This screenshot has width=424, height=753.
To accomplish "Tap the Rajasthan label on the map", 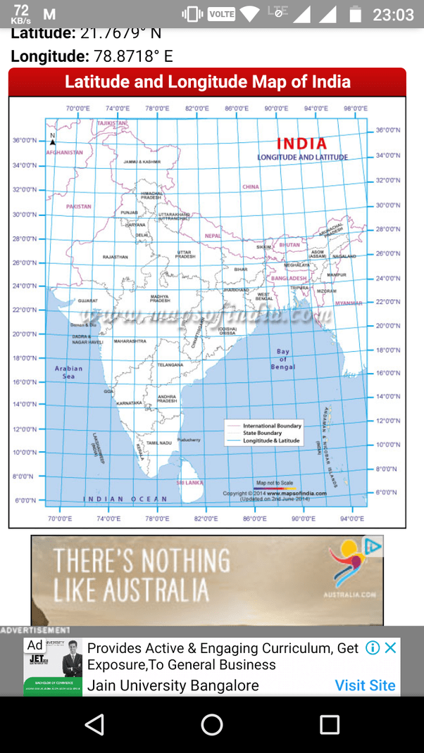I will (115, 258).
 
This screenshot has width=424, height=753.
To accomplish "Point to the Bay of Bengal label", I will (283, 359).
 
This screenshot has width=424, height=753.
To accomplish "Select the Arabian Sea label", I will (68, 372).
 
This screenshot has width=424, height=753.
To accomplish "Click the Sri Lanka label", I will (189, 483).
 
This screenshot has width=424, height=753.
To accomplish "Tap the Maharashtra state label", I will (130, 341).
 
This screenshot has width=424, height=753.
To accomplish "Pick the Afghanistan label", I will (64, 152).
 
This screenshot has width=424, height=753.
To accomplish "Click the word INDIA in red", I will (302, 144).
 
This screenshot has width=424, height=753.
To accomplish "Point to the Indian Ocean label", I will (125, 499).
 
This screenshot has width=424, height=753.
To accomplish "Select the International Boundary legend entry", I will (271, 426).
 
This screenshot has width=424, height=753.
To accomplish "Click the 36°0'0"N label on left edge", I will (25, 140).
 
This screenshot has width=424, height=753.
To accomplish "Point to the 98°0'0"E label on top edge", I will (356, 108).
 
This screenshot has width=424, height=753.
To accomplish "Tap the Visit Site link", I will (365, 685).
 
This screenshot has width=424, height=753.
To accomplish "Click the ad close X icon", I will (390, 647).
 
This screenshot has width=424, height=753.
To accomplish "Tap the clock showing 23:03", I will (393, 14).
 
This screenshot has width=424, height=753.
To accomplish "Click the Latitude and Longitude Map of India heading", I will (207, 82).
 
